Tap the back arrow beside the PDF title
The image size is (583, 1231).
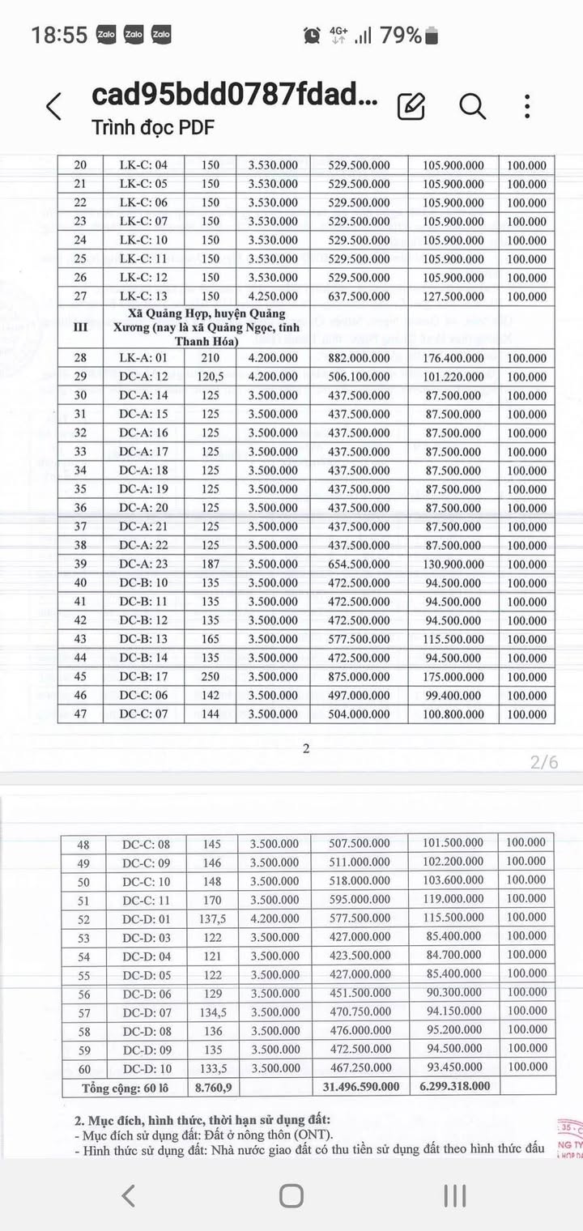53,106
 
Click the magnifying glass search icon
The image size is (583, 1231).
472,106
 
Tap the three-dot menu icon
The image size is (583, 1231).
527,106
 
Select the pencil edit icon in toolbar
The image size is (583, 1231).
411,106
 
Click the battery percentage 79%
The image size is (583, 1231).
401,35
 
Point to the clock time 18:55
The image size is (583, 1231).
58,35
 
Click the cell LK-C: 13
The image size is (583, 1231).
143,296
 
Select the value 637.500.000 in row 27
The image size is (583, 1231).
359,296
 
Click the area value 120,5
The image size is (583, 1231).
210,377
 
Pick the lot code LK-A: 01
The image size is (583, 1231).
143,358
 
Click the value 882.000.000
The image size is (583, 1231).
359,358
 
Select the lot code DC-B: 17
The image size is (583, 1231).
143,676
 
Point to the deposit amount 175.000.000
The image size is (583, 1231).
453,676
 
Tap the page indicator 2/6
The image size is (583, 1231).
544,762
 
